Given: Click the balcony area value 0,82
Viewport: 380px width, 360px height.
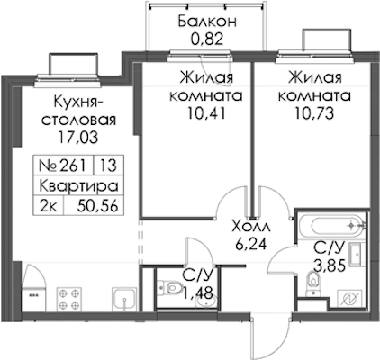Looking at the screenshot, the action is pos(206,39).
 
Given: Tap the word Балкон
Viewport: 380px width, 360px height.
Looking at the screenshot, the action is pos(207,22).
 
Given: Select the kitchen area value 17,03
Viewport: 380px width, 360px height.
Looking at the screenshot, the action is pos(78,138).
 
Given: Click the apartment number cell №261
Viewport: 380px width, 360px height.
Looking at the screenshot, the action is pos(63,166).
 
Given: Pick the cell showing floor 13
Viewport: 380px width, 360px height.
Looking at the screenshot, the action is pos(108,166).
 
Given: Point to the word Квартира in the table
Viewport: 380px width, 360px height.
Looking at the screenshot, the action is pos(78,185).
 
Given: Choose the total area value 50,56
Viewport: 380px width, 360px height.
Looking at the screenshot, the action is pos(97,206).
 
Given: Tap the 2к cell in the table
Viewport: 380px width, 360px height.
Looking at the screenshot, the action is pos(48,206).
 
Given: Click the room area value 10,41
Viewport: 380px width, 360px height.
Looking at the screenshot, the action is pos(206,113).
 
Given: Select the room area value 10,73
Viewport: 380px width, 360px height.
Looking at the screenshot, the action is pos(314,113).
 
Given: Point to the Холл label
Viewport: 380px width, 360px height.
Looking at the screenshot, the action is pos(251,227).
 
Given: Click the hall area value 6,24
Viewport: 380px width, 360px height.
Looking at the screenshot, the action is pos(251,244).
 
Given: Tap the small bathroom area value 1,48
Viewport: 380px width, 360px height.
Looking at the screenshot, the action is pos(198,293).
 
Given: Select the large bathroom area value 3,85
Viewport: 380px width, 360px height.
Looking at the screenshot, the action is pos(329,265).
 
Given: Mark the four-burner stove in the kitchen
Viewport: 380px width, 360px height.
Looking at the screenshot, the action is pos(69,299).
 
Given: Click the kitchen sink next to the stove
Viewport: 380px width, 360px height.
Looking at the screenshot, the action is pos(124,299).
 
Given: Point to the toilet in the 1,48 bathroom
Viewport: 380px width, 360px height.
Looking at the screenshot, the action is pos(171,288).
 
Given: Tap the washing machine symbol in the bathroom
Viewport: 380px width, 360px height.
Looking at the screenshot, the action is pos(351,299).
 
